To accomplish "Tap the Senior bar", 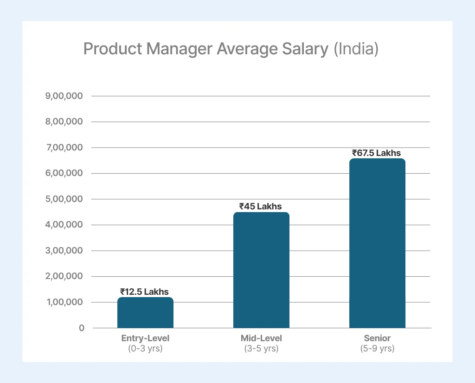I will (377, 243).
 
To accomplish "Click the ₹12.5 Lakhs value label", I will (144, 292).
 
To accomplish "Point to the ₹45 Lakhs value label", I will (260, 206).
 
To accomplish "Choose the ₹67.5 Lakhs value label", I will (376, 153).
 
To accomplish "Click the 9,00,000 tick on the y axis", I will (64, 96).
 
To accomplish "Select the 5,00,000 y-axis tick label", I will (64, 199).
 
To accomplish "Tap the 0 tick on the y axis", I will (82, 328).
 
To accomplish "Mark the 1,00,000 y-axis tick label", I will (64, 302).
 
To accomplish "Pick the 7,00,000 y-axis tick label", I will (64, 148).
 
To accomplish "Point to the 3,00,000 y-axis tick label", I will (64, 251).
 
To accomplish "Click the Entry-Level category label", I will (145, 338).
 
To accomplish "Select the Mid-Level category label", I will (261, 338).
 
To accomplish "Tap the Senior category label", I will (377, 338).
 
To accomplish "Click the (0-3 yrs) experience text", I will (145, 348).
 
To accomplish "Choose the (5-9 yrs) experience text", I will (377, 348).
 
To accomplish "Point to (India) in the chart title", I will (356, 49).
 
